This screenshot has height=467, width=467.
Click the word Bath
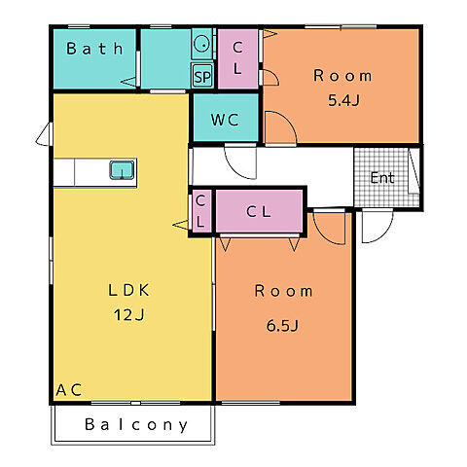pos(94,49)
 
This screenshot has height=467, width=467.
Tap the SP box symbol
pos(202,76)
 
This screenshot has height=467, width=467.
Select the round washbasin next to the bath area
pos(202,44)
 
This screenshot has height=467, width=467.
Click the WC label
pos(225,120)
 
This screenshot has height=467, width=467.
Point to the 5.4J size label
pos(343,101)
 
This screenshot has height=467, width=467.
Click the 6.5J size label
pos(282,326)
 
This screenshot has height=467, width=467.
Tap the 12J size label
pos(128,314)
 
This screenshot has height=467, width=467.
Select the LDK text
pos(128,290)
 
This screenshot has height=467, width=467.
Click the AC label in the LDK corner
pos(69,390)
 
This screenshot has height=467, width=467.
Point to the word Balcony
pos(136,424)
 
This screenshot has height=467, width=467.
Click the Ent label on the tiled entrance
pos(382,178)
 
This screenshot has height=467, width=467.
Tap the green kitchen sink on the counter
pos(122,170)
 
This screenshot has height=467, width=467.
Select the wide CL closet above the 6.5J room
pos(259,211)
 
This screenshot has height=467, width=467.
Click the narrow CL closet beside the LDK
pos(200,211)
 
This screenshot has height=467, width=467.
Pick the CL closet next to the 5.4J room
pos(237,58)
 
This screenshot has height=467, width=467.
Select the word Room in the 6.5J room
pos(284,291)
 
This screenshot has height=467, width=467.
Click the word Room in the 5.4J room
pos(342,76)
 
